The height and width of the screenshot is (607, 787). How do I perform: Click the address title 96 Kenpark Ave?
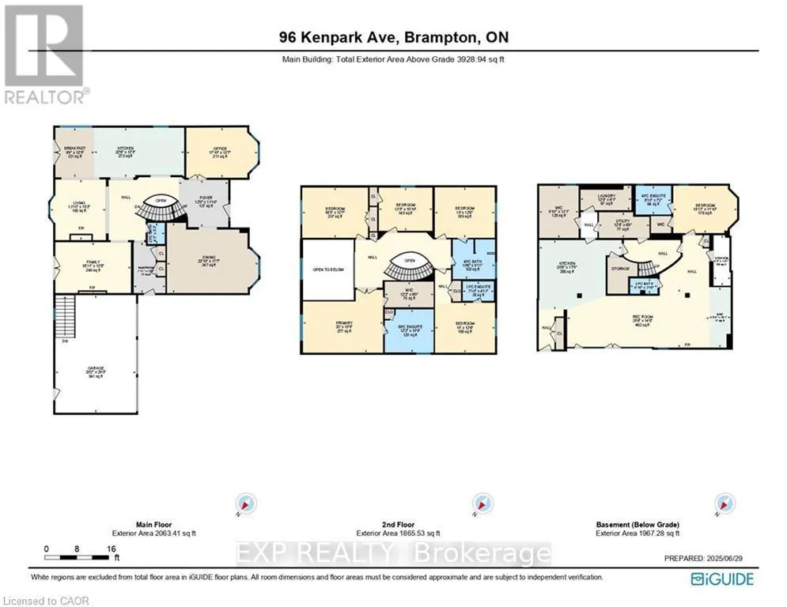(393, 36)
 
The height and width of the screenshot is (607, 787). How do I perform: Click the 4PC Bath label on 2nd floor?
(473, 265)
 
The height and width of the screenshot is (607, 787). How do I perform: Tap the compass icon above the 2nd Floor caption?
(479, 503)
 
